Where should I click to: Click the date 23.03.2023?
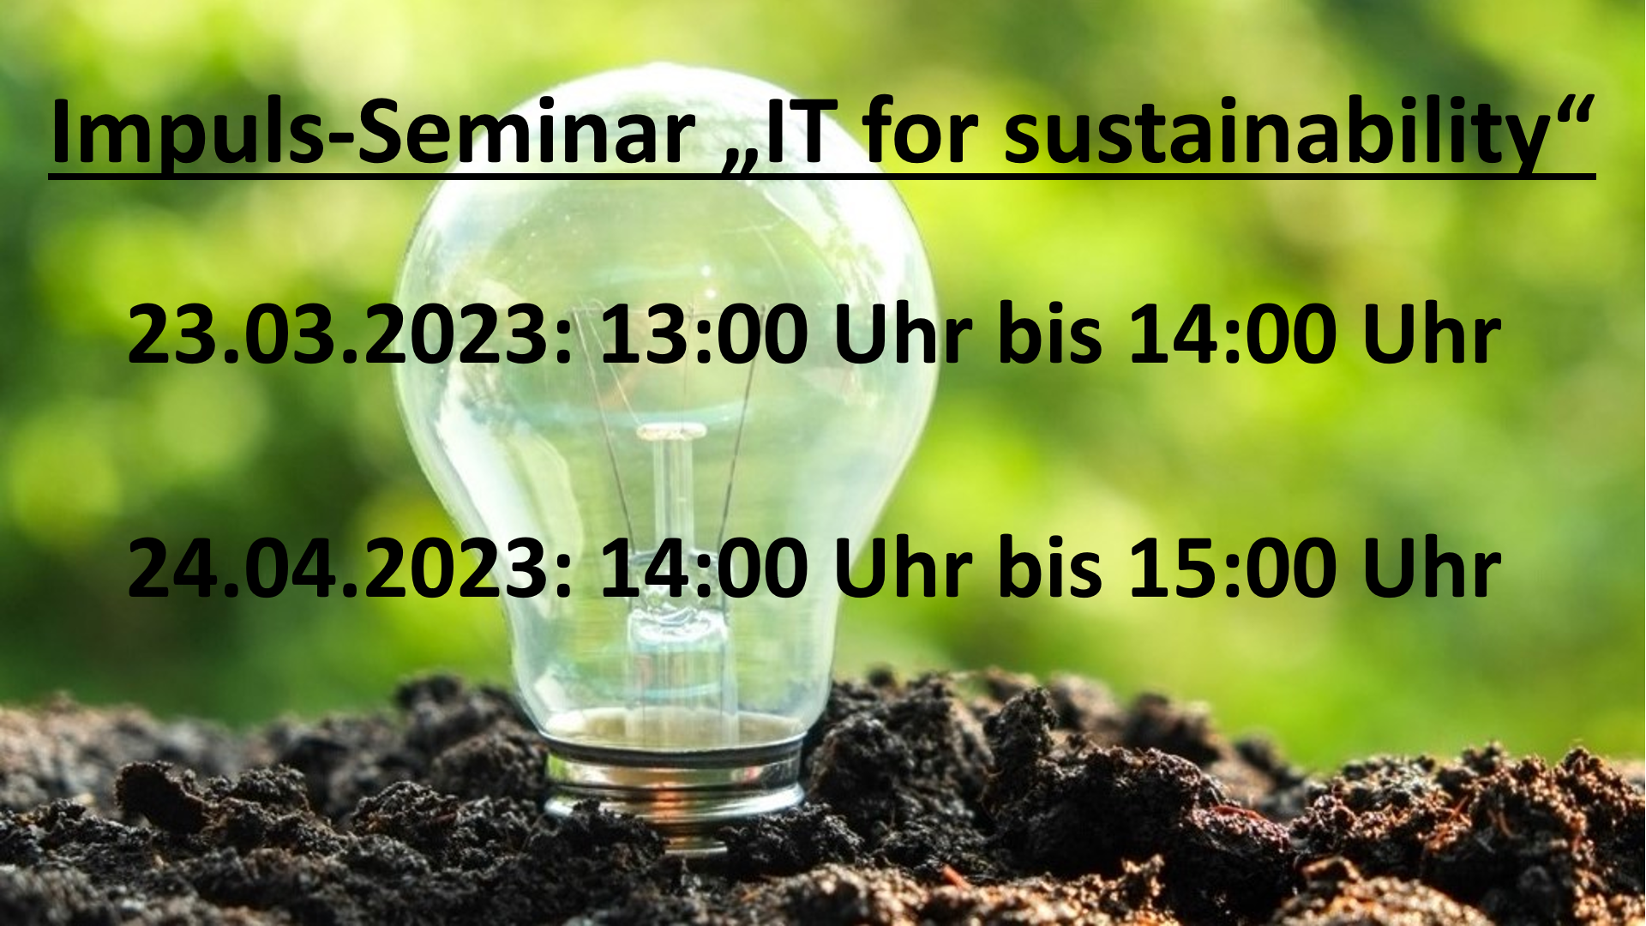click(x=337, y=334)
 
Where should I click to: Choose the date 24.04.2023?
click(x=337, y=567)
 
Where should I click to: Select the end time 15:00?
click(x=1232, y=567)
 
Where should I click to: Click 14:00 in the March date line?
click(x=1232, y=334)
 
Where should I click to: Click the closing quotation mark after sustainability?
click(x=1572, y=109)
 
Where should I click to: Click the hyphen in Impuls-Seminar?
click(x=340, y=142)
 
